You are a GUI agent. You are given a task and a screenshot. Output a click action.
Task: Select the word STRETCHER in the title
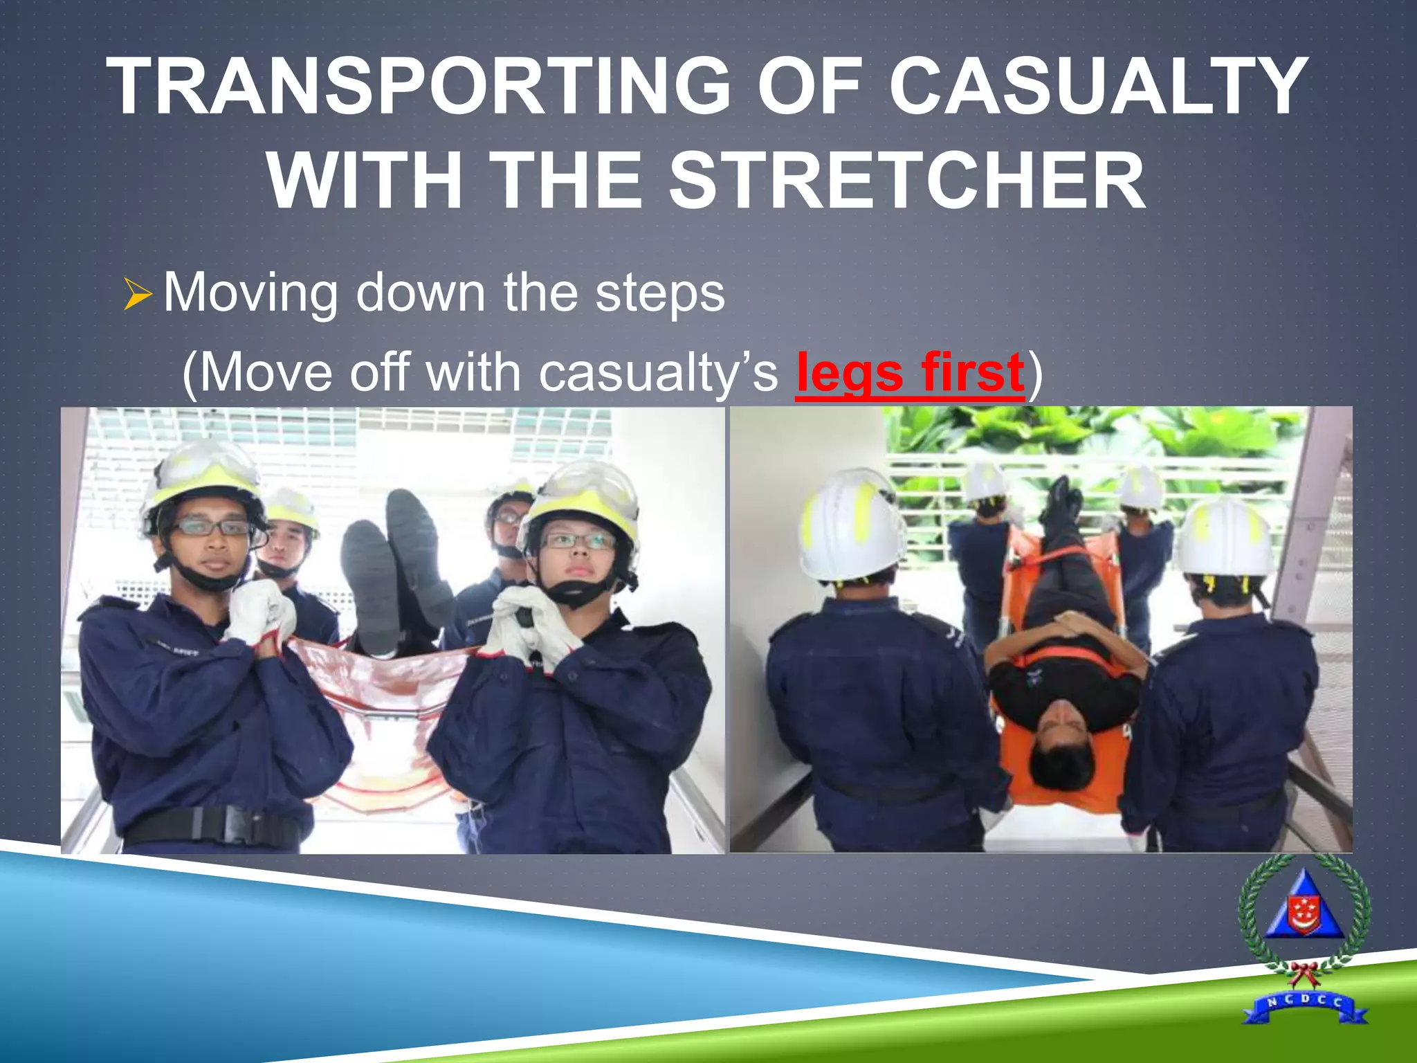pyautogui.click(x=907, y=181)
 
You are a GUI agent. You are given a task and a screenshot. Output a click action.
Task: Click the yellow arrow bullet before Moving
pyautogui.click(x=138, y=293)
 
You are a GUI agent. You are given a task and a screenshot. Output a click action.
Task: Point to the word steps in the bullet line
pyautogui.click(x=660, y=293)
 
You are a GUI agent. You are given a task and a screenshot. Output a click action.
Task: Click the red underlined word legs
pyautogui.click(x=850, y=374)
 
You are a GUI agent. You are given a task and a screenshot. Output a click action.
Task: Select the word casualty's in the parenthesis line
pyautogui.click(x=658, y=374)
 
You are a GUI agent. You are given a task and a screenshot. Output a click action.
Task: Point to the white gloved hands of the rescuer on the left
pyautogui.click(x=259, y=612)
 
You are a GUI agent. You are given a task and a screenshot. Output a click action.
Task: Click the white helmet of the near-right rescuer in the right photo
pyautogui.click(x=1225, y=536)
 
